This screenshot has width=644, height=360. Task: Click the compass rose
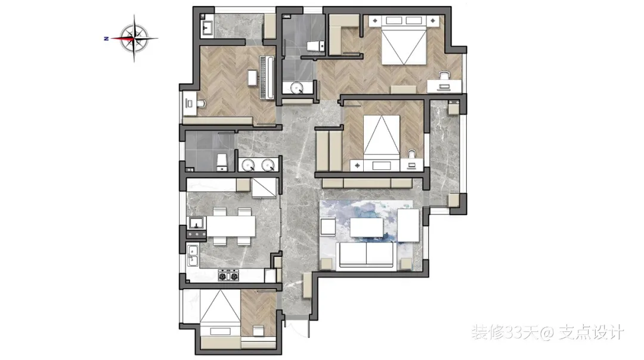point(134,39)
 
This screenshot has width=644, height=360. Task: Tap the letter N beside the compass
point(106,39)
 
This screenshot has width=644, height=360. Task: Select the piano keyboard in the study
point(267,77)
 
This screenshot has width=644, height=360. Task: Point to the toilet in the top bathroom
point(316,46)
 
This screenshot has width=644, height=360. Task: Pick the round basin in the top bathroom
point(296,88)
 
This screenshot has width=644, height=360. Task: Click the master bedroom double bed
point(403,40)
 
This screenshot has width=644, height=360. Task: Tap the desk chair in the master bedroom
point(444,75)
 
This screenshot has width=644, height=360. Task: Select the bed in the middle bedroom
point(382,136)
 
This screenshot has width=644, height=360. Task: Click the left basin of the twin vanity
point(247,165)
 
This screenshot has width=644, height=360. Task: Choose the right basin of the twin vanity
point(267,165)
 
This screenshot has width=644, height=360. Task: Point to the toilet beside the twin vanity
point(222,163)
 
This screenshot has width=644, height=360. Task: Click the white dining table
point(231,226)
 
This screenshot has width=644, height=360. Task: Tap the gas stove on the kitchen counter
point(228,275)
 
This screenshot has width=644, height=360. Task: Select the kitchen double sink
point(193,255)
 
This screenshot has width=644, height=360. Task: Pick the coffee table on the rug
point(366,228)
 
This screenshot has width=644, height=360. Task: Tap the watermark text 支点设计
point(592,333)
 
